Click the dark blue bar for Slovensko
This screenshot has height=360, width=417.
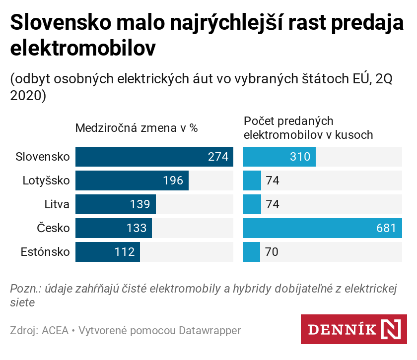[x=154, y=157]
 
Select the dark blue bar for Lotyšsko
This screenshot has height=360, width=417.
[x=132, y=180]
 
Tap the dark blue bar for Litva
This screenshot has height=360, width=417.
[x=116, y=204]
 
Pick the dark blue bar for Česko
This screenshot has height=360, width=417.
[x=114, y=228]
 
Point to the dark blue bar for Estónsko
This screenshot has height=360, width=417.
[x=108, y=252]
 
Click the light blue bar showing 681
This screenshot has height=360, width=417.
[x=322, y=228]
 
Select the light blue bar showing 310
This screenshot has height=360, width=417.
[x=279, y=157]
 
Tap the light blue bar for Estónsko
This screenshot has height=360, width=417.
[x=252, y=252]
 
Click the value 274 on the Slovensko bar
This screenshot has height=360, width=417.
[x=218, y=157]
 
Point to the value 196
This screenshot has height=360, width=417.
[x=173, y=181]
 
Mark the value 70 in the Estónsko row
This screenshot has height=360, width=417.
[x=272, y=252]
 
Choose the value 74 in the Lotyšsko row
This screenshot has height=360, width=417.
[x=273, y=180]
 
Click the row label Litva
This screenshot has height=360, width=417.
[x=57, y=204]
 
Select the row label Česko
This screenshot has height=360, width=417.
[x=54, y=228]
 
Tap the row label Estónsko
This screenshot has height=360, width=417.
[x=45, y=252]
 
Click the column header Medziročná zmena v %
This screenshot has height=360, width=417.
[x=137, y=128]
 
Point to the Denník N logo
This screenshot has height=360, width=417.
[x=354, y=329]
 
